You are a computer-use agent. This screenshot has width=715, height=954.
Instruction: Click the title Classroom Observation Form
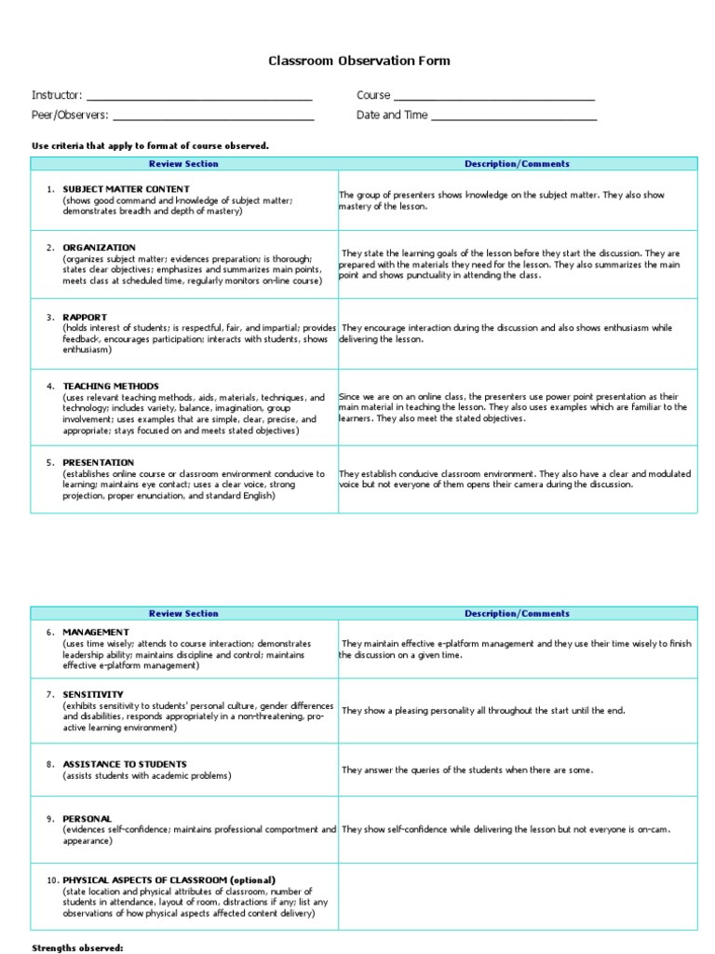click(x=358, y=61)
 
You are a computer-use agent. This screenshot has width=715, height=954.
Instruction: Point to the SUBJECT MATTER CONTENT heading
click(x=126, y=189)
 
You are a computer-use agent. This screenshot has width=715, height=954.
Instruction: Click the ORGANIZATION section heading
click(x=99, y=247)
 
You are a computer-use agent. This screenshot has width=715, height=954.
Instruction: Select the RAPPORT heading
click(x=85, y=317)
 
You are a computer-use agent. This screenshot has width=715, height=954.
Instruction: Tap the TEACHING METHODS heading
click(x=111, y=386)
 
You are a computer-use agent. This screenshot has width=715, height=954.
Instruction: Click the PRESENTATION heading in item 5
click(x=99, y=462)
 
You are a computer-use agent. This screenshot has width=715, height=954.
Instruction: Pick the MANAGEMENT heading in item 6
click(x=96, y=632)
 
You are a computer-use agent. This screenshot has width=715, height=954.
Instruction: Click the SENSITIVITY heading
click(x=93, y=694)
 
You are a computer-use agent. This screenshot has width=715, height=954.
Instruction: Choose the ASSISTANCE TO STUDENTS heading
click(x=125, y=764)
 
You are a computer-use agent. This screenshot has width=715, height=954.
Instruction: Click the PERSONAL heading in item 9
click(x=88, y=818)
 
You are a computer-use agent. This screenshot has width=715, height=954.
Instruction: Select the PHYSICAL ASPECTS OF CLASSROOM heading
click(x=169, y=879)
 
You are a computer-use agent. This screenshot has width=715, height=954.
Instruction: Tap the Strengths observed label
click(x=77, y=947)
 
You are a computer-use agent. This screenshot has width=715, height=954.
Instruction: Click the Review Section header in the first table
click(x=183, y=164)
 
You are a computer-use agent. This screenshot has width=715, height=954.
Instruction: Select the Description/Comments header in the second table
click(x=517, y=613)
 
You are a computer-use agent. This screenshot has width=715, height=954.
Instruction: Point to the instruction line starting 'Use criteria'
click(x=150, y=145)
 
